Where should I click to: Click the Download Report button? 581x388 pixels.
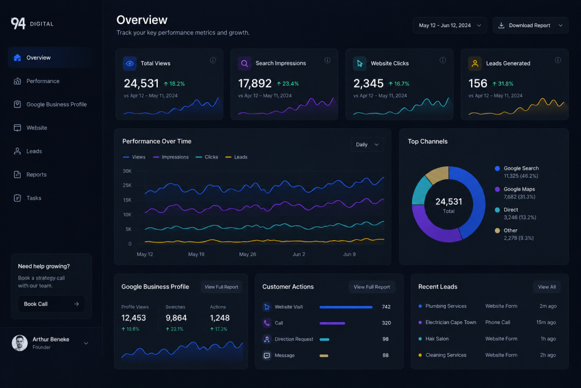coord(531,25)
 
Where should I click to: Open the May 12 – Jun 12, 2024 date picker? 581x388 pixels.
coord(450,25)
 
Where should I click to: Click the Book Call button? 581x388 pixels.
coord(51,304)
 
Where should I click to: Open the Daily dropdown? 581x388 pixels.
coord(367,144)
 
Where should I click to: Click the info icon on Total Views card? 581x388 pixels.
coord(213,60)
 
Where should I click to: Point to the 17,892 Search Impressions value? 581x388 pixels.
coord(255,84)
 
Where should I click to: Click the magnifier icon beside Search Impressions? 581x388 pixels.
coord(245,64)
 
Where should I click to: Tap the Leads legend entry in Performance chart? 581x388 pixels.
coord(237,157)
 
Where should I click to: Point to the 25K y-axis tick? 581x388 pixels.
coord(127,185)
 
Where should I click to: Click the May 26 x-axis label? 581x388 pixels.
coord(247,254)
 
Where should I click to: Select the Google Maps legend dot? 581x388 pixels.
coord(497,189)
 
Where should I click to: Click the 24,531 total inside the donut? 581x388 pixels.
coord(449,202)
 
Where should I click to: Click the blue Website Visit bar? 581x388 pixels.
coord(346,307)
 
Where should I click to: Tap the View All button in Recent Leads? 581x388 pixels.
coord(547,287)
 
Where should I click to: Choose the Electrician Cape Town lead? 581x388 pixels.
coord(451,322)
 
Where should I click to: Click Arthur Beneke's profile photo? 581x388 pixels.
coord(20,343)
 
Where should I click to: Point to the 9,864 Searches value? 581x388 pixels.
coord(176,318)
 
